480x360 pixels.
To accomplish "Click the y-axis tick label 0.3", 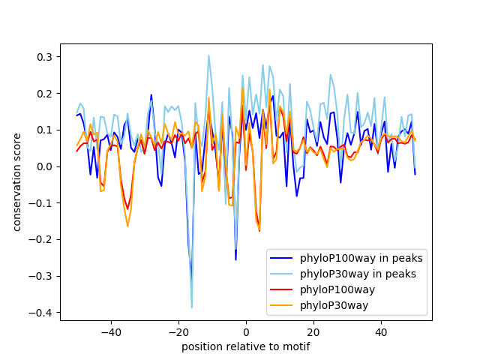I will point(45,57).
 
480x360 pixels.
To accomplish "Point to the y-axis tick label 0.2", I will point(45,94).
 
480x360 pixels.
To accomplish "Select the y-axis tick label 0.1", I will point(45,130).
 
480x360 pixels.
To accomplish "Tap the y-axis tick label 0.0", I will point(45,166).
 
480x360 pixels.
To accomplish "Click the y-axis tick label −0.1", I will point(42,202).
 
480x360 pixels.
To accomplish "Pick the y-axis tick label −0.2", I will point(42,239).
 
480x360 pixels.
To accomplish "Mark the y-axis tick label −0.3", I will point(42,275).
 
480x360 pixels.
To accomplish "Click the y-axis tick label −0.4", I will point(42,312).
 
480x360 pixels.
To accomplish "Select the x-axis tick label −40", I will point(110,331).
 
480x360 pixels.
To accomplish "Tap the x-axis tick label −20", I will point(178,331).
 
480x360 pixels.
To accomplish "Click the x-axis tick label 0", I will point(246,331).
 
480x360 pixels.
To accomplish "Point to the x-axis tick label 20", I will point(313,331).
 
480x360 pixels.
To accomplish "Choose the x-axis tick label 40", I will point(381,331).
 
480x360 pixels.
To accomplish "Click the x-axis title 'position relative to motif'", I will point(246,346).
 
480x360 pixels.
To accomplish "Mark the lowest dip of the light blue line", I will point(192,307).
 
